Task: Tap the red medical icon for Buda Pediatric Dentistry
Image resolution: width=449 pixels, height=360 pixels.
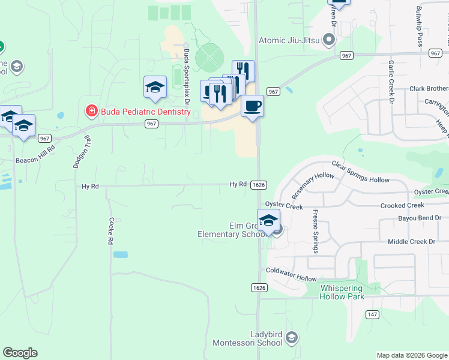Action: click(91, 112)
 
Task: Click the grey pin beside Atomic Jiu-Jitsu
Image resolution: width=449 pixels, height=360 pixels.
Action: click(328, 41)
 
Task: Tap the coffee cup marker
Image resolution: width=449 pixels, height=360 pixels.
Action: click(252, 106)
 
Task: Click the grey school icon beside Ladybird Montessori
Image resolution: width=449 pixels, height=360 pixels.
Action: click(292, 338)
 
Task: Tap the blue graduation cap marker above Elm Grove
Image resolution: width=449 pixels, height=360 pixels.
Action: click(268, 220)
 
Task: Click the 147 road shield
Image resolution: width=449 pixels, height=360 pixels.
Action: click(372, 314)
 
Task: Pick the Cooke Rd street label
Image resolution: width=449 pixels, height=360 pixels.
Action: click(111, 232)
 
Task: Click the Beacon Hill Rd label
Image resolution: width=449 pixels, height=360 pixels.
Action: click(35, 160)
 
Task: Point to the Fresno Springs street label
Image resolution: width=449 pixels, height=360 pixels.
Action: click(313, 232)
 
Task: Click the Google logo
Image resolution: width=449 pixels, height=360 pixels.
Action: click(20, 353)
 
